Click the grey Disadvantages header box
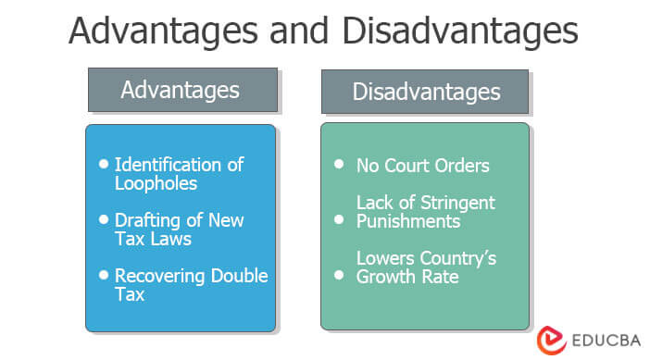pyautogui.click(x=426, y=92)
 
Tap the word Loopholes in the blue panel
pyautogui.click(x=156, y=183)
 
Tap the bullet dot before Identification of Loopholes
pyautogui.click(x=103, y=164)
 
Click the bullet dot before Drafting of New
pyautogui.click(x=103, y=220)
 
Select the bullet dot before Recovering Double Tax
pyautogui.click(x=103, y=276)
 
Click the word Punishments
pyautogui.click(x=408, y=221)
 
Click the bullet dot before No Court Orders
pyautogui.click(x=339, y=165)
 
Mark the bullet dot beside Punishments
pyautogui.click(x=339, y=219)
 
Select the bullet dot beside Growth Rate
pyautogui.click(x=339, y=275)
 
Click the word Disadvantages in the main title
pyautogui.click(x=459, y=31)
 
